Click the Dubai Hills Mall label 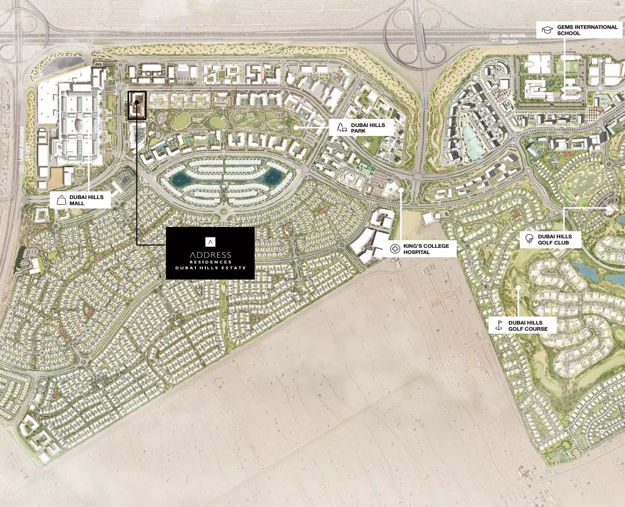tap(86, 200)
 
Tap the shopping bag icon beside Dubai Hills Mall tap(61, 200)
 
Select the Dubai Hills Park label tap(368, 128)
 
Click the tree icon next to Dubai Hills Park tap(341, 127)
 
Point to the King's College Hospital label tap(425, 249)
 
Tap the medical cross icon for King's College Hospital tap(395, 249)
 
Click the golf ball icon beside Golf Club tap(529, 239)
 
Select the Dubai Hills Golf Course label tap(527, 326)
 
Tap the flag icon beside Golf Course tap(499, 325)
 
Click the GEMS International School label tap(587, 30)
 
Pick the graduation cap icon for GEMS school tap(547, 30)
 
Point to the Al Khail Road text tap(514, 38)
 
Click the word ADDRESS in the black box tap(211, 255)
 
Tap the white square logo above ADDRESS tap(211, 242)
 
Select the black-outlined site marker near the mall tap(137, 105)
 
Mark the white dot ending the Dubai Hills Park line tap(296, 127)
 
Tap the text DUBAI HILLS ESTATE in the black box tap(211, 268)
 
